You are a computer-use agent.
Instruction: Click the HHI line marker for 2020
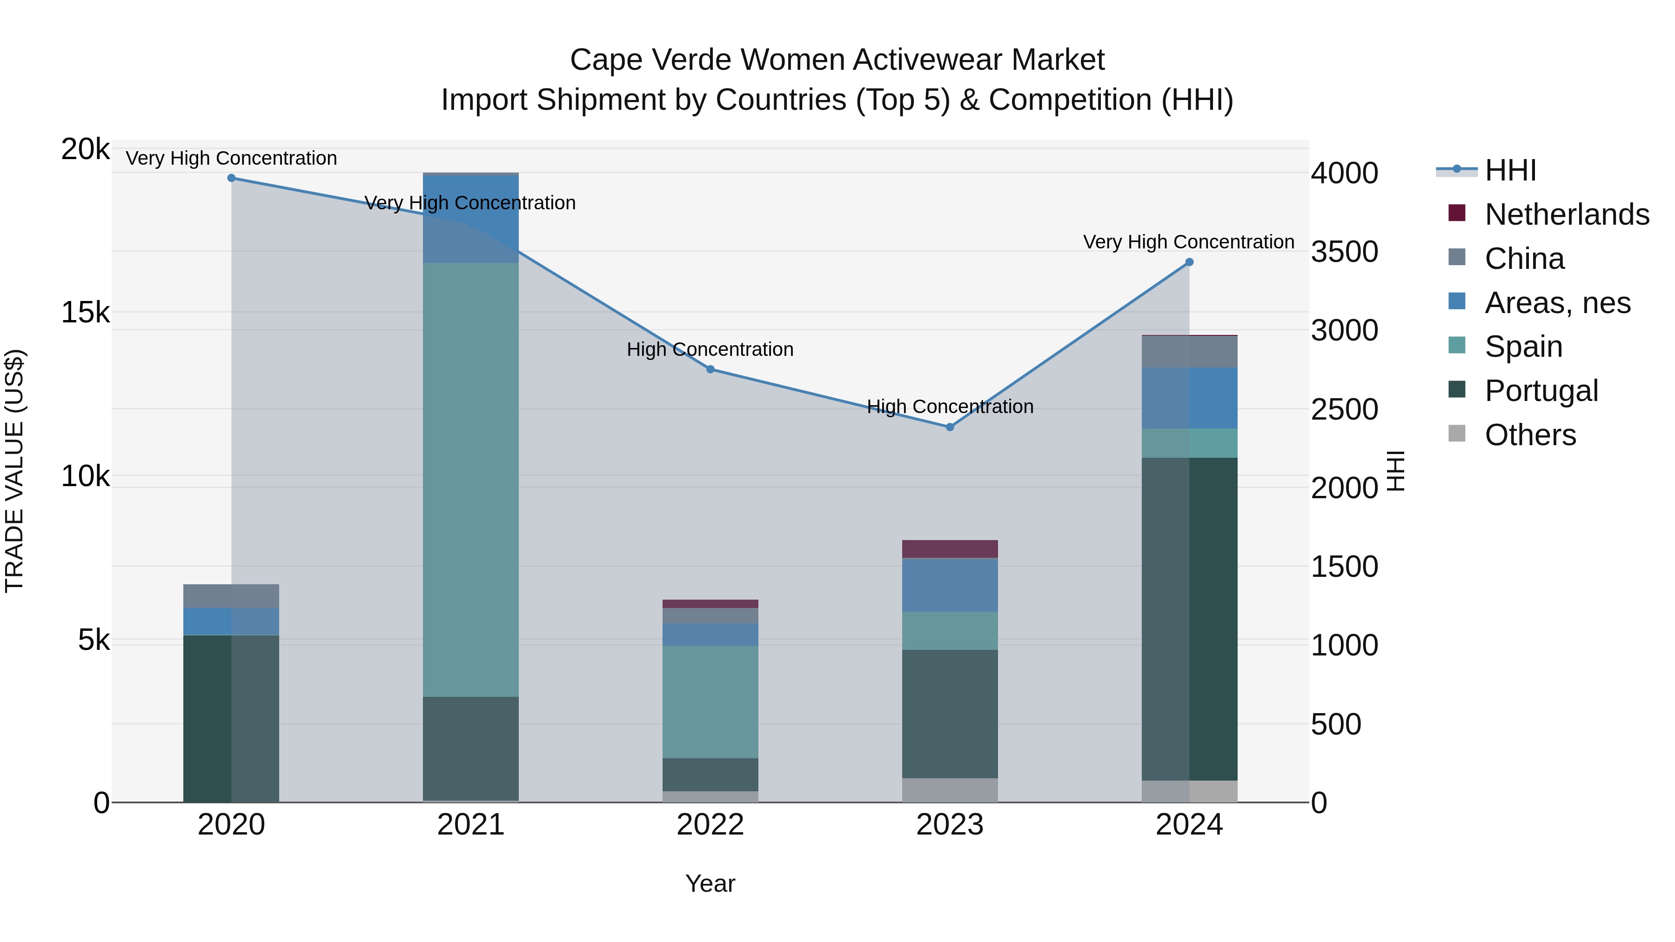coord(232,178)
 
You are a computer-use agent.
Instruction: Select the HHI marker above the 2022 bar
coord(710,369)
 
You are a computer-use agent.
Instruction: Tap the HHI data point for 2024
coord(1189,262)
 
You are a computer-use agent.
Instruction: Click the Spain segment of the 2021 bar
coord(471,480)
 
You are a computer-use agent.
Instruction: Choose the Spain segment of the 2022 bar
coord(710,701)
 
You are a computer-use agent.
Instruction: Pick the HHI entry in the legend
coord(1510,170)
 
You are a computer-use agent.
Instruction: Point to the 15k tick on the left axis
coord(85,313)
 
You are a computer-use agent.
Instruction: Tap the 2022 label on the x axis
coord(710,825)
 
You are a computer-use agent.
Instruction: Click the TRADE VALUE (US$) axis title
coord(15,471)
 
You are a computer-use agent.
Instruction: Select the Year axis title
coord(710,883)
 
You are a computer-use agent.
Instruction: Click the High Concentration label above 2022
coord(710,350)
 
